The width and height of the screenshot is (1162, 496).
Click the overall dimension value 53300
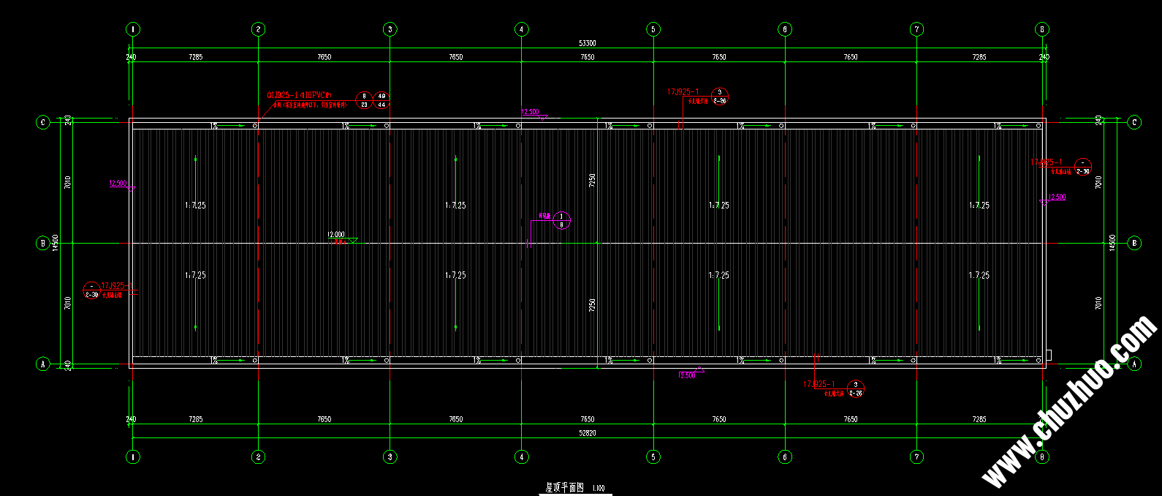coord(587,43)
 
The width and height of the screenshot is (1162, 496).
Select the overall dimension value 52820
coord(587,433)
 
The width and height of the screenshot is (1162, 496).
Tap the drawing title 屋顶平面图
coord(565,487)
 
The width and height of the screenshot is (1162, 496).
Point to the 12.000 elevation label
coord(335,235)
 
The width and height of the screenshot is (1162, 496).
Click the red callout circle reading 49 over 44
coord(381,100)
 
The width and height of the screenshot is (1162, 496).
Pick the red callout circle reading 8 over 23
coord(364,100)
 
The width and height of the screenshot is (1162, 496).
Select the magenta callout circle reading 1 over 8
coord(561,220)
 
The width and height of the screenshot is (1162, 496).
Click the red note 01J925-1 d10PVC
coord(299,95)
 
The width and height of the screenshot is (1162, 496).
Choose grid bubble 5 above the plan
coord(653,29)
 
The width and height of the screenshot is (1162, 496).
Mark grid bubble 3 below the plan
coord(390,456)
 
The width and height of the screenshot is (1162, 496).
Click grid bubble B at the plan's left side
coord(42,243)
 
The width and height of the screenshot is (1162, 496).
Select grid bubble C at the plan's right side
coord(1134,122)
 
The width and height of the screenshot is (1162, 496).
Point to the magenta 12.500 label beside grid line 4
coord(530,112)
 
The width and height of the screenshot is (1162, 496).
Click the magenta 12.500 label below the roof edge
coord(687,375)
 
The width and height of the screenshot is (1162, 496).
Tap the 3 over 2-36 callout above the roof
coord(719,97)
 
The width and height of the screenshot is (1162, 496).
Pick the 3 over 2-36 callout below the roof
coord(855,389)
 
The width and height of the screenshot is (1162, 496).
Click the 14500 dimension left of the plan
coord(55,243)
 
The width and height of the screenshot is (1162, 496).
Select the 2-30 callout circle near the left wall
coord(91,290)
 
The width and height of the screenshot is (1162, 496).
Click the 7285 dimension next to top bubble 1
coord(195,57)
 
